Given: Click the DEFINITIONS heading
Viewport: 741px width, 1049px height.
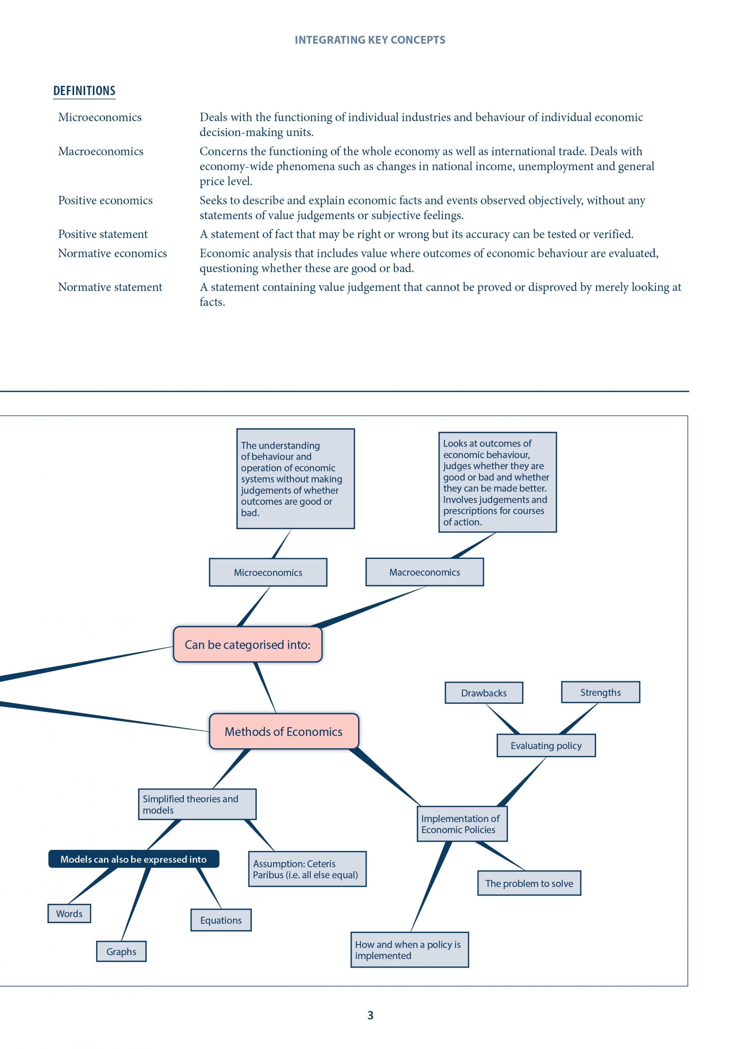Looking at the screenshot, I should coord(84,91).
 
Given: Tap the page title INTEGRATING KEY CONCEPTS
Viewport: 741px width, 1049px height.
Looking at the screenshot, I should coord(370,40).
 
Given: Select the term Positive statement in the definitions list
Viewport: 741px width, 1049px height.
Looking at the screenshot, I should coord(103,234).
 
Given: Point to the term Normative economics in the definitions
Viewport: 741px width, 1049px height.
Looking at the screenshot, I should coord(112,254).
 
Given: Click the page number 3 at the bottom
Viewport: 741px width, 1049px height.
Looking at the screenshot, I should coord(370,1015).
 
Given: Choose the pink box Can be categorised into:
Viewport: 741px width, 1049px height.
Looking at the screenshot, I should coord(247,644).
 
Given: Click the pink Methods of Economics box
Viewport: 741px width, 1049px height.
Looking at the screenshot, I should coord(284,731).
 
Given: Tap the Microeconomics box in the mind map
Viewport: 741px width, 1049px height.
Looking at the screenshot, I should coord(268,572).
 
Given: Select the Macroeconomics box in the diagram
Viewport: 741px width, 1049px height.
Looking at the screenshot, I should coord(425,572).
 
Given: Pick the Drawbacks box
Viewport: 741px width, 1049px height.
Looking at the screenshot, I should coord(484,693).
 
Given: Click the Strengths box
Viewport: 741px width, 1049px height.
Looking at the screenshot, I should coord(601,692).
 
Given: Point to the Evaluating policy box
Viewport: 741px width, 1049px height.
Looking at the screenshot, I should coord(546,746).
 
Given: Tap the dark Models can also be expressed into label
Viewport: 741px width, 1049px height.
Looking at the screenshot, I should coord(134,859).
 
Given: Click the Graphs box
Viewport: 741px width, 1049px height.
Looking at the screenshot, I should coord(122,952).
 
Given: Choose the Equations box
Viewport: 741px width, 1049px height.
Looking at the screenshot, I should coord(221,920).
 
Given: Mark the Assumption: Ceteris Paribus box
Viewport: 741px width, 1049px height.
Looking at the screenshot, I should coord(307,869).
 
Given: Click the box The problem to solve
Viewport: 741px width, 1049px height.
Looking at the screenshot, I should coord(529,883).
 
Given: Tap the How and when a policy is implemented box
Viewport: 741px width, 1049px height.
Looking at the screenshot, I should coord(409,950).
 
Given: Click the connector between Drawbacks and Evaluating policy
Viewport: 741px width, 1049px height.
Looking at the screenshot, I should coord(502,719).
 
